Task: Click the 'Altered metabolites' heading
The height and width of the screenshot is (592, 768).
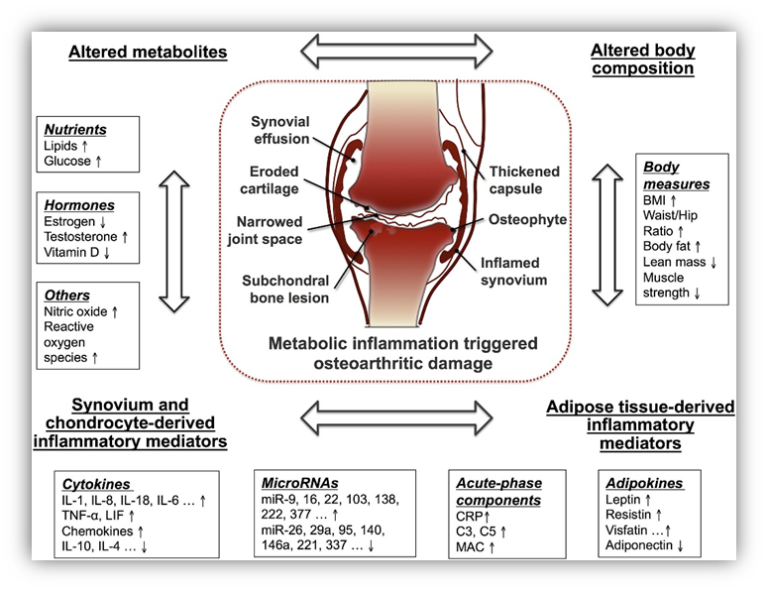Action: [147, 52]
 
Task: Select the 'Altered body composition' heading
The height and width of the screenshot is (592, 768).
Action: [642, 59]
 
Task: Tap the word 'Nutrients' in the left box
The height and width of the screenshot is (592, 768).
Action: [75, 130]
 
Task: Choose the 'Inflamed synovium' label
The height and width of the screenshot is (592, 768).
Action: [512, 271]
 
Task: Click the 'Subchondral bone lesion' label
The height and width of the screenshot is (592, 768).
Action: [287, 289]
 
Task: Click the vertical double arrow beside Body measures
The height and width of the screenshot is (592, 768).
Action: [606, 236]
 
